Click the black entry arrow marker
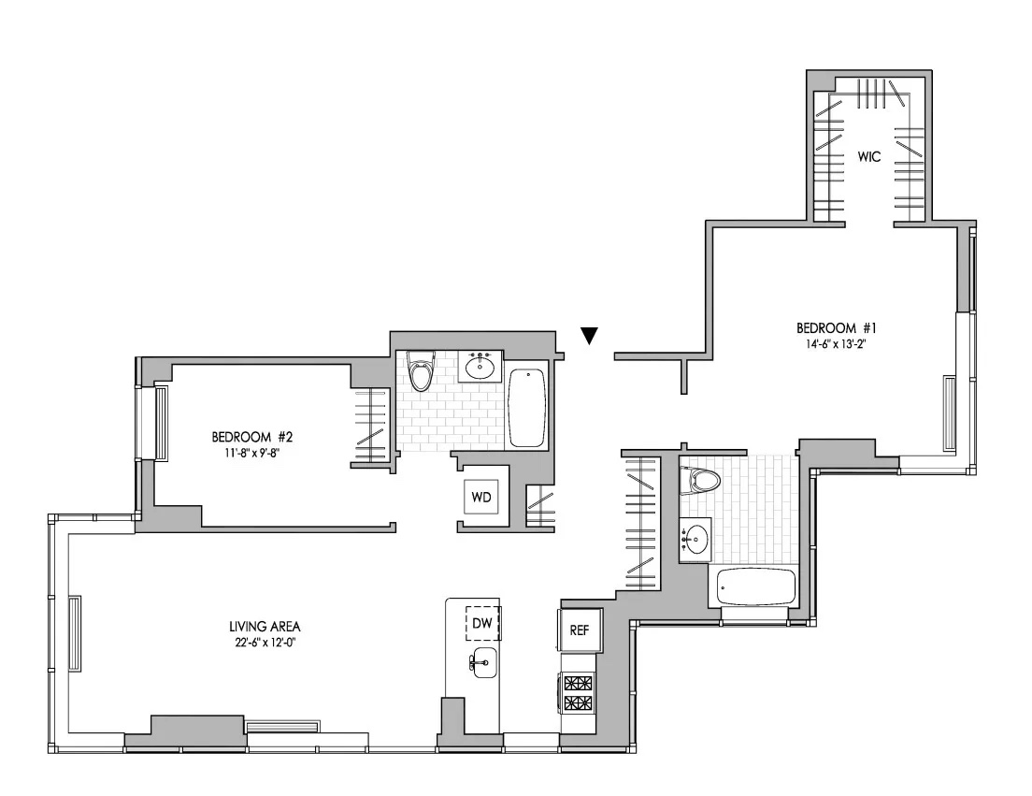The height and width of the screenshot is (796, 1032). coord(589,336)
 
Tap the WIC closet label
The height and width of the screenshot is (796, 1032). coord(868,157)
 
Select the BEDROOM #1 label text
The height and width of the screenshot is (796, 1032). coord(837,328)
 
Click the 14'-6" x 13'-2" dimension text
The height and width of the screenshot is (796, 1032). coord(837,343)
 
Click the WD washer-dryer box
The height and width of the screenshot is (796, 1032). coord(481,497)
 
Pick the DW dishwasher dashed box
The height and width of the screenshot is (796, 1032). coord(483,624)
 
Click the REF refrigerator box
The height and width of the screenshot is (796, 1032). coord(579,630)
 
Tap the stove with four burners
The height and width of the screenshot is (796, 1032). coord(579,692)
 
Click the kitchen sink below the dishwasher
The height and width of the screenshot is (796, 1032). coord(484,662)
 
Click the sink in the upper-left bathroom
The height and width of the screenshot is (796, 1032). coord(484,366)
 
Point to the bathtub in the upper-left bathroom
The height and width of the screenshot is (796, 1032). coord(527,408)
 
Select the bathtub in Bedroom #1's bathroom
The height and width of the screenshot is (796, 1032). coord(755,586)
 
